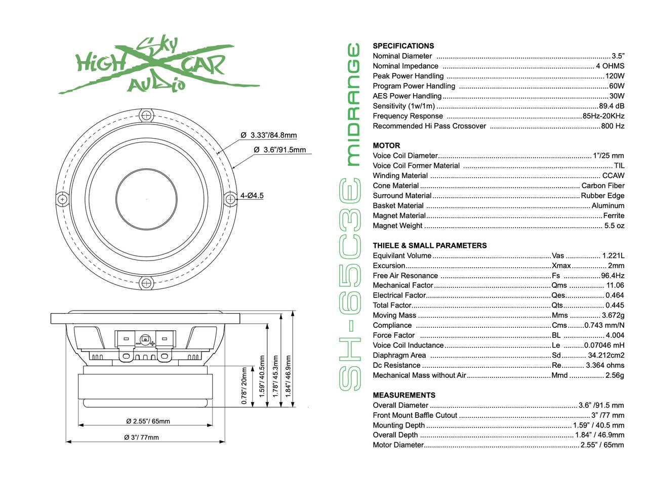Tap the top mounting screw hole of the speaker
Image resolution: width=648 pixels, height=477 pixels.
[x=146, y=115]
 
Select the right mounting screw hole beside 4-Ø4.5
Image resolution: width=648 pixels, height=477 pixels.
[x=231, y=199]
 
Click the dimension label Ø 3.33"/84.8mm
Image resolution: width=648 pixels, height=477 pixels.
[x=269, y=135]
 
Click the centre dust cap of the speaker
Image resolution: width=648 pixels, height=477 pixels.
[x=147, y=199]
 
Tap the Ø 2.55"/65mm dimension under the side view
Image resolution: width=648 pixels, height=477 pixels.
[x=148, y=421]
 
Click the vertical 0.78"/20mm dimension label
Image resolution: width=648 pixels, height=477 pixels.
[x=245, y=386]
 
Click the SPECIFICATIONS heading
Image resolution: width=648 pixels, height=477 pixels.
[x=403, y=46]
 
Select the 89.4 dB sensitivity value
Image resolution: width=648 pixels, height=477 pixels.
[x=612, y=106]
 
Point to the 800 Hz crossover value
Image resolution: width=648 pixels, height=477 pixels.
[x=613, y=126]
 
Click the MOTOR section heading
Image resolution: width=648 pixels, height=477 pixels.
[x=386, y=146]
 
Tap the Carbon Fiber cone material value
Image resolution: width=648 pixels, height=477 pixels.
[x=602, y=186]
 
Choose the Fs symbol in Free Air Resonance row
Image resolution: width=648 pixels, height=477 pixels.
[x=556, y=276]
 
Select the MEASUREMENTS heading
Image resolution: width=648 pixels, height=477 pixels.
[x=404, y=395]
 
